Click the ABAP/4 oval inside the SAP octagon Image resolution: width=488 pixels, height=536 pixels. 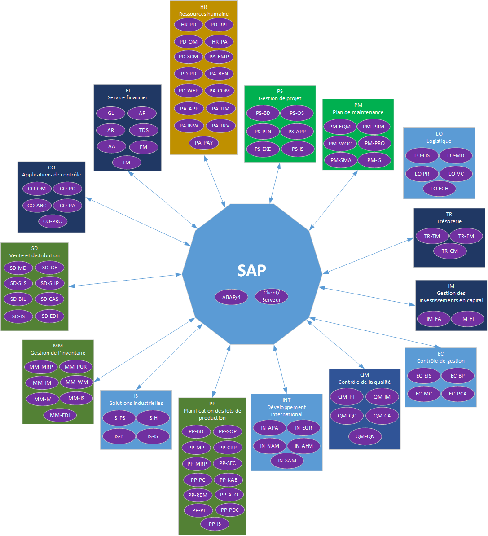(231, 297)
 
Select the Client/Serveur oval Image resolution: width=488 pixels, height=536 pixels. (271, 296)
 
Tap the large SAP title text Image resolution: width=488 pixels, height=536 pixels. (251, 270)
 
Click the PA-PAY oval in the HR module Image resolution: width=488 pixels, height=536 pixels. (204, 143)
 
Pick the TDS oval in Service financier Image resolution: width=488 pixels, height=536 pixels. (144, 130)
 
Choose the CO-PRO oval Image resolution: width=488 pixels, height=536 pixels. (53, 221)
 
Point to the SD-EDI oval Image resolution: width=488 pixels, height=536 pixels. (50, 316)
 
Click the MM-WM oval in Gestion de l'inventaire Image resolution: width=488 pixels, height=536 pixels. (77, 382)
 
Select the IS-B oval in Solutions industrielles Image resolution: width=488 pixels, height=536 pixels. (119, 436)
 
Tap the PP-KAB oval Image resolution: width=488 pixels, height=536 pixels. (229, 480)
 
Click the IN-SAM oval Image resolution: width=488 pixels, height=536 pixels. (287, 461)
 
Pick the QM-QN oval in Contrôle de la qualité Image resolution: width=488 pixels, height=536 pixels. (365, 436)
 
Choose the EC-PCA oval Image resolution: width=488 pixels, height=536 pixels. (457, 394)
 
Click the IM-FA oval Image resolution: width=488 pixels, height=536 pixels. (434, 319)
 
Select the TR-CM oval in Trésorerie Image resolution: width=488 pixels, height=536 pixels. (450, 251)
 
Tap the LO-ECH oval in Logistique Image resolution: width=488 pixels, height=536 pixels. (439, 189)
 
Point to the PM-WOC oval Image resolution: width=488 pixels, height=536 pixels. (340, 144)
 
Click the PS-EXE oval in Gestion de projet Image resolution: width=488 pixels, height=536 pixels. (263, 149)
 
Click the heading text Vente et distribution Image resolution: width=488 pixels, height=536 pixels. (35, 255)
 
